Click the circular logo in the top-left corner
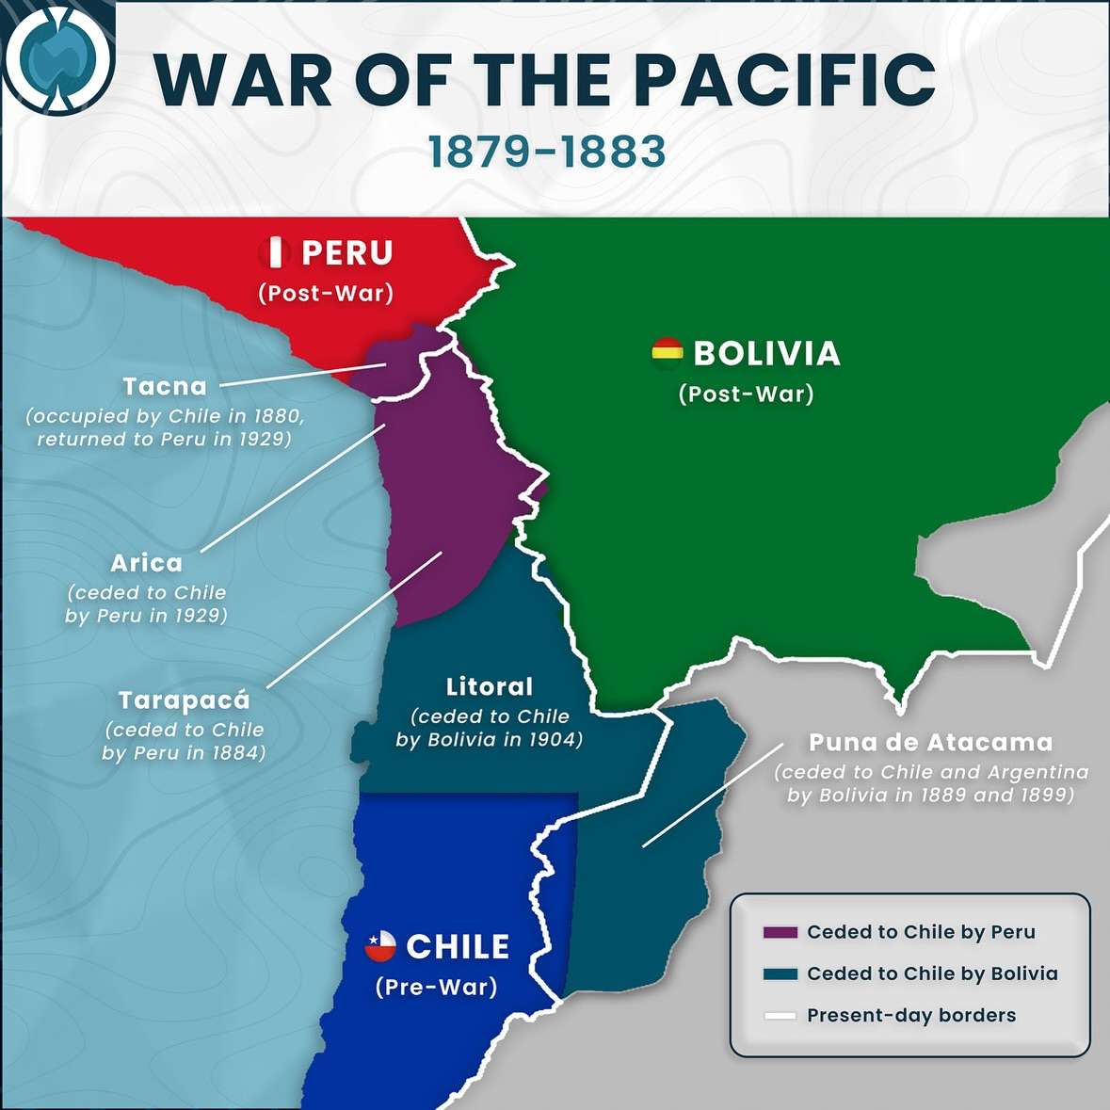(58, 57)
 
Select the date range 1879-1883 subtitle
(547, 153)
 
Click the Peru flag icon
(276, 252)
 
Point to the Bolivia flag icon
(667, 352)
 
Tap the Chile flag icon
(380, 945)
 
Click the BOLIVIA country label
(766, 353)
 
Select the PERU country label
(346, 252)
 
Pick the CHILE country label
(458, 946)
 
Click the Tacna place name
(165, 386)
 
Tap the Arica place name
(147, 563)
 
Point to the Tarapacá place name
(185, 700)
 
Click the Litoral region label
(490, 686)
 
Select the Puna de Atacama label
(930, 742)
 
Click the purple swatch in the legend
(780, 933)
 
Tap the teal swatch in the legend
(780, 974)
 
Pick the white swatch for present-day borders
(780, 1016)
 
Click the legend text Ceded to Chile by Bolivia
(932, 973)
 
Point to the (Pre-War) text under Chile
(436, 987)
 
